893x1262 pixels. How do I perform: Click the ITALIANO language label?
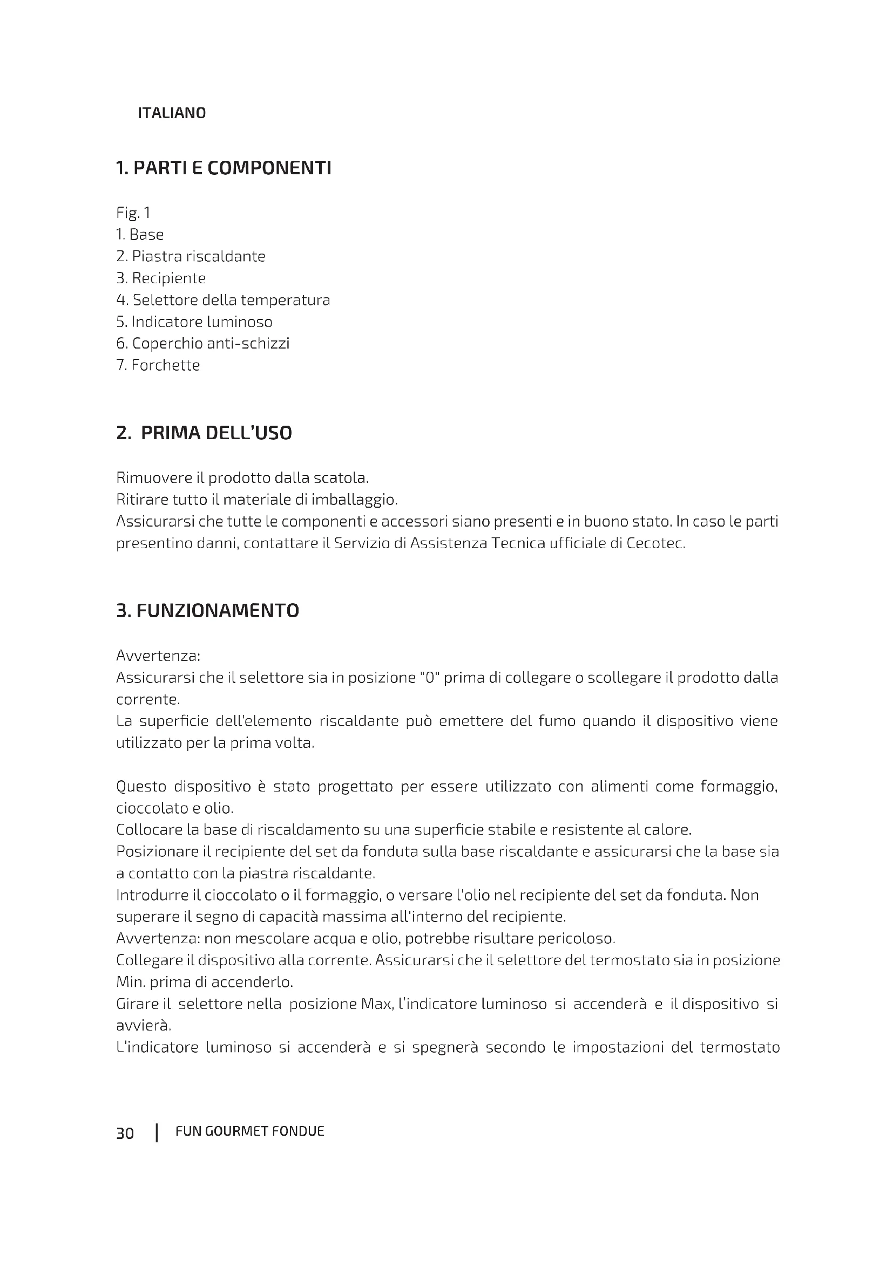click(x=172, y=113)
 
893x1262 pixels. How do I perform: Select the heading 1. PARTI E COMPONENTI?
click(x=224, y=168)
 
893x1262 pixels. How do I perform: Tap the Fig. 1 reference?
click(x=133, y=213)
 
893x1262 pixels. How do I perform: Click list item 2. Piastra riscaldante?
click(x=191, y=257)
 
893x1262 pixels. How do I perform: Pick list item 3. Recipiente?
click(x=160, y=278)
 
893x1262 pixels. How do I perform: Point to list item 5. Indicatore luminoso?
click(x=194, y=322)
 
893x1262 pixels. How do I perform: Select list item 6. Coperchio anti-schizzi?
click(x=202, y=344)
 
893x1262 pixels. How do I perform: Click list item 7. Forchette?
click(x=158, y=365)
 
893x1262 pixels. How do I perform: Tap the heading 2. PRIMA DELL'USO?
click(x=204, y=433)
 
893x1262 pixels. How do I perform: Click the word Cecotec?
click(x=655, y=544)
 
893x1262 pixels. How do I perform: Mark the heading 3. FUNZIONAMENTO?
click(x=208, y=611)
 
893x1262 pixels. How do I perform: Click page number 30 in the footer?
click(x=125, y=1134)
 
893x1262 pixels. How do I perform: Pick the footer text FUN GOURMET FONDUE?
click(x=249, y=1131)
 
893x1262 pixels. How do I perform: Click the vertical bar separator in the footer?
click(x=157, y=1133)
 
